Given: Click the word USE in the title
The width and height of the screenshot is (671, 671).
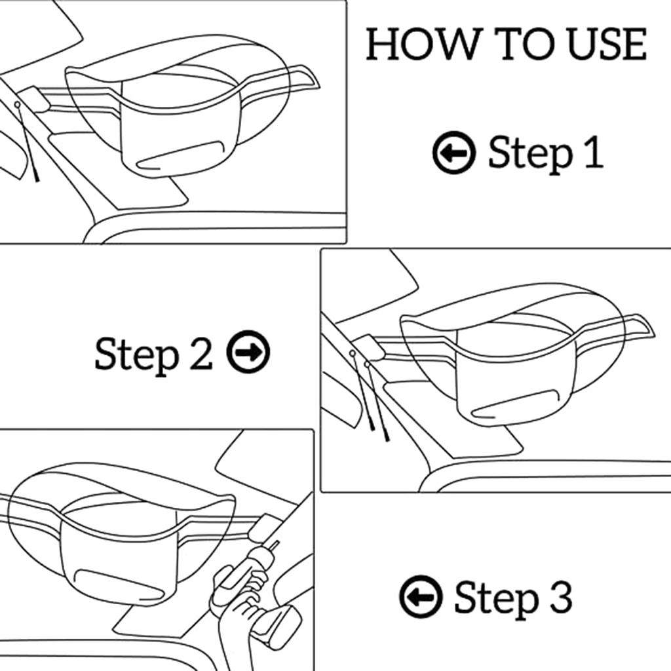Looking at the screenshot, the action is pyautogui.click(x=607, y=44).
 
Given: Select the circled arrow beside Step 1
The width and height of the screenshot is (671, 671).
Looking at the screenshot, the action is pyautogui.click(x=454, y=152).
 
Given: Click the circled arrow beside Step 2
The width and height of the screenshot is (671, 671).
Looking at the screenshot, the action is pyautogui.click(x=248, y=352).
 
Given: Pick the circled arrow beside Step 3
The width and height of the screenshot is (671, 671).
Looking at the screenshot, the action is pyautogui.click(x=421, y=596).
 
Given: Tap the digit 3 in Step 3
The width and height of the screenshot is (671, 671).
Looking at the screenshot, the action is pyautogui.click(x=561, y=596).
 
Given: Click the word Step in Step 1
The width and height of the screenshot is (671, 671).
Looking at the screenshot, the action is pyautogui.click(x=529, y=154).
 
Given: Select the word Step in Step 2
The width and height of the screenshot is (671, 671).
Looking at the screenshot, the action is pyautogui.click(x=136, y=355).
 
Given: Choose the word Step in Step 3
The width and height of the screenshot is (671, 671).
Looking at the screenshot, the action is pyautogui.click(x=495, y=599).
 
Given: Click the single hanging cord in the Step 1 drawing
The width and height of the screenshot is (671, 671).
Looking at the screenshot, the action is pyautogui.click(x=27, y=142).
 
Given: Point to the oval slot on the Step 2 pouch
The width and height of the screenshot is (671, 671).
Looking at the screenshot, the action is pyautogui.click(x=516, y=404).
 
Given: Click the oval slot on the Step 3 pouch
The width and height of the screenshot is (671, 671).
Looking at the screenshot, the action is pyautogui.click(x=119, y=584).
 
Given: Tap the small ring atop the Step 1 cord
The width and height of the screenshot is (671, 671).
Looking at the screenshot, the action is pyautogui.click(x=17, y=104).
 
